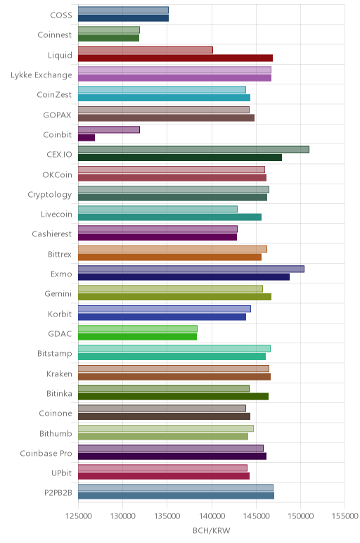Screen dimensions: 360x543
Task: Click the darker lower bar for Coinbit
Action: [x=86, y=138]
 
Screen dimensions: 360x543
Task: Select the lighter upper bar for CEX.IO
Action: [x=193, y=149]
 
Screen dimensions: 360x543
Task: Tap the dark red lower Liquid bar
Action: [x=176, y=58]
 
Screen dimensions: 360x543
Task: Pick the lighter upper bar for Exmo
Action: [x=191, y=269]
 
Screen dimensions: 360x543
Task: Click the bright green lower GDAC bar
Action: [x=137, y=337]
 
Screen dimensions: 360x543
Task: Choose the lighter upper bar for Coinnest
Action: [x=109, y=30]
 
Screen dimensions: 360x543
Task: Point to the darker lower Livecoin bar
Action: [x=170, y=217]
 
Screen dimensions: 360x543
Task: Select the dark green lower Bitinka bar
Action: [x=174, y=397]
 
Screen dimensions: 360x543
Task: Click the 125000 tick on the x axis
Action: [x=79, y=516]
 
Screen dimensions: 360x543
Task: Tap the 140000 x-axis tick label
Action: [x=212, y=516]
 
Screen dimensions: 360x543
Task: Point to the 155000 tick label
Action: [x=345, y=516]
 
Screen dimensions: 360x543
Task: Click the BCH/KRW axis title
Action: [x=212, y=530]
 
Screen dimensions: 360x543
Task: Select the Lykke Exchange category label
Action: [x=41, y=75]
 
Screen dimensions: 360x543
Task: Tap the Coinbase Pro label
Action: [x=46, y=453]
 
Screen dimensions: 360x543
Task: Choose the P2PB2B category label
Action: [x=58, y=493]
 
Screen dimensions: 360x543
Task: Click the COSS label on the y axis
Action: [x=61, y=15]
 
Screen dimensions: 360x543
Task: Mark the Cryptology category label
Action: [x=50, y=195]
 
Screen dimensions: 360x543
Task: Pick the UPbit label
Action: [x=62, y=473]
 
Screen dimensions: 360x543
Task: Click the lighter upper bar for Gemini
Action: [x=170, y=289]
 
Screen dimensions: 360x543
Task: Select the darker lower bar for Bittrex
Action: [x=170, y=257]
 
